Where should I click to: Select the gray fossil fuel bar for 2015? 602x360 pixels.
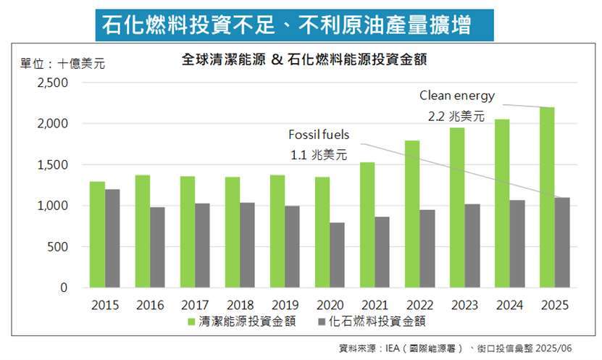(112, 238)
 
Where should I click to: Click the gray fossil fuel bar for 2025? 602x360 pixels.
(563, 242)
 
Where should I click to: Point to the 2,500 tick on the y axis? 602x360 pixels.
(53, 83)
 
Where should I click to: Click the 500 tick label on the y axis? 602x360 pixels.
(57, 247)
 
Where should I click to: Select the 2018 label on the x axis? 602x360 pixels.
(241, 305)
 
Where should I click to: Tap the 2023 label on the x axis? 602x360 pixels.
(465, 305)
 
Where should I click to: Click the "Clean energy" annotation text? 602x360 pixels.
(457, 96)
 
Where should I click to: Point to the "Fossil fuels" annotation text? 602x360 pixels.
(319, 135)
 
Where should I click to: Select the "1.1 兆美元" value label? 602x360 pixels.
(319, 154)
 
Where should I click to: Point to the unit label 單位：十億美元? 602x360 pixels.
(62, 64)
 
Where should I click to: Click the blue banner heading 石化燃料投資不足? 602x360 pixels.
(295, 25)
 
